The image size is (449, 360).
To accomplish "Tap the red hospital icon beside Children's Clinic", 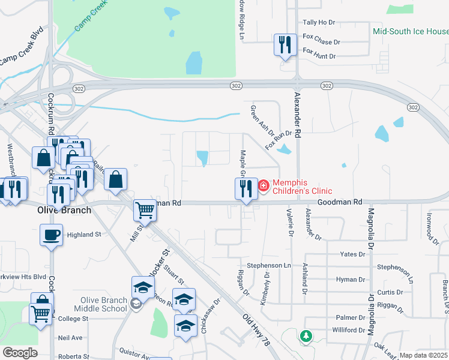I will (264, 187).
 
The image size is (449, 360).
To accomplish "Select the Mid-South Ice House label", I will (411, 31).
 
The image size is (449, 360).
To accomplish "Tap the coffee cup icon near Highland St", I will (51, 234).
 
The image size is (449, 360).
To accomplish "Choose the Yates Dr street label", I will (352, 254).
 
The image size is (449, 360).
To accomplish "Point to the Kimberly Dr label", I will (264, 288).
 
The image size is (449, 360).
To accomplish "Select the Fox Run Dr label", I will (279, 140).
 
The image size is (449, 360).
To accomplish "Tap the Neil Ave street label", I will (70, 338).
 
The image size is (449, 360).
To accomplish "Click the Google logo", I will (20, 353).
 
